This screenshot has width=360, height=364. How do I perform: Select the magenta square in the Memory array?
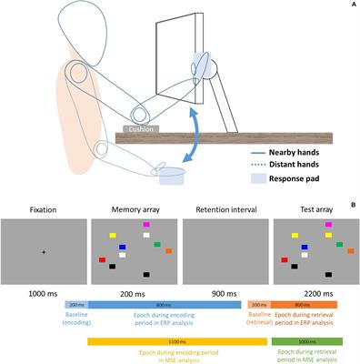(144, 223)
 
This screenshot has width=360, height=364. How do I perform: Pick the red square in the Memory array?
(103, 259)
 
